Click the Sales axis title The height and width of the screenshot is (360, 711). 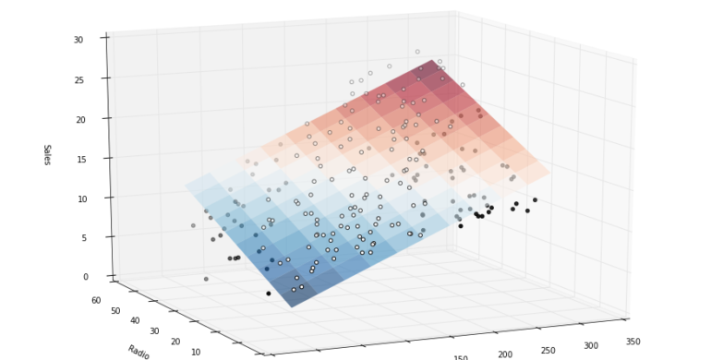47,154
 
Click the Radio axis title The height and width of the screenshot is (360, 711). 139,352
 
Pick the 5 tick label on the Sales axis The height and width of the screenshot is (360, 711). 82,237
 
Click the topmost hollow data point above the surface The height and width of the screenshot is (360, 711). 417,52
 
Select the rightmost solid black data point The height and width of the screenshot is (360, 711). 535,199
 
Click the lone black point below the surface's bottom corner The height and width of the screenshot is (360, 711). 269,294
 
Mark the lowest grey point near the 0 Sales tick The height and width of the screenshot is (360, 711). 206,279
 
